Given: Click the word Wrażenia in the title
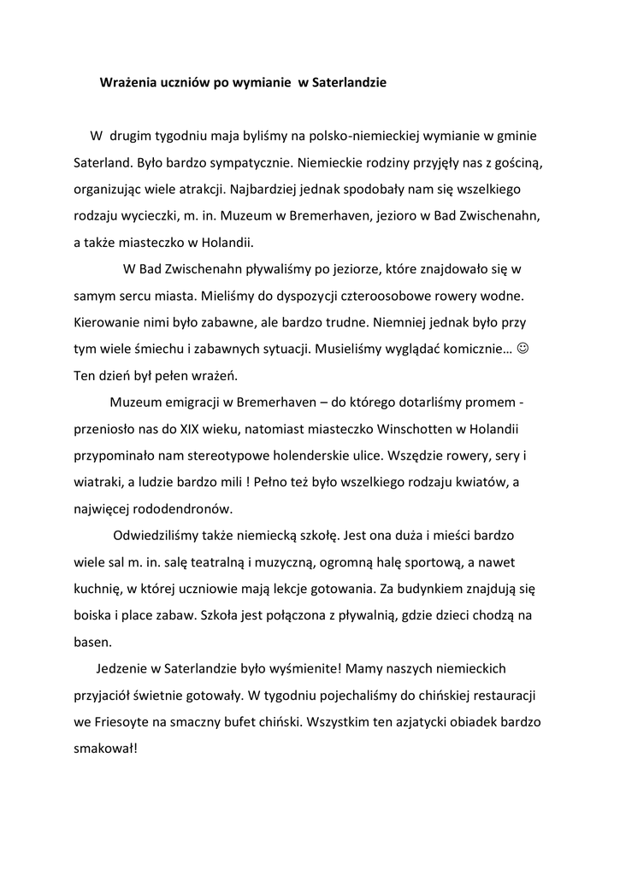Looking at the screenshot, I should tap(128, 84).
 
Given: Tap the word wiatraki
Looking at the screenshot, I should tap(97, 482).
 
